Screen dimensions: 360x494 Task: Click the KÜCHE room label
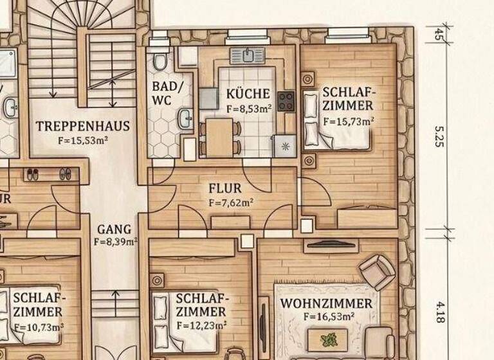(x=248, y=94)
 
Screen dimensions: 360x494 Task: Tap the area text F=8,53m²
(x=248, y=109)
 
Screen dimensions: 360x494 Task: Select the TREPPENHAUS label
(x=83, y=126)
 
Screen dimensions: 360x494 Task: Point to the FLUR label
(x=225, y=189)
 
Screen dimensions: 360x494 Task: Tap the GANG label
(x=114, y=229)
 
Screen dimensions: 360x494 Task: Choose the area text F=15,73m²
(x=348, y=120)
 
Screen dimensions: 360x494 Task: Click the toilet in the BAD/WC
(x=160, y=60)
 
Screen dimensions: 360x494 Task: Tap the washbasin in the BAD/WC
(x=185, y=119)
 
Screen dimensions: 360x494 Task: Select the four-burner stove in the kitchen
(x=286, y=102)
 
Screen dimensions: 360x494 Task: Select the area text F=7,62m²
(x=231, y=203)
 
